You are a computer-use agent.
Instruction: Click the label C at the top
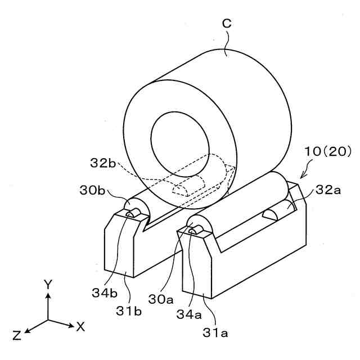(227, 23)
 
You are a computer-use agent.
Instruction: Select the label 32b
(103, 164)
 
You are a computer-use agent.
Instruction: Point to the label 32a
(328, 190)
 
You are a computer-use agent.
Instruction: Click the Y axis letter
(48, 284)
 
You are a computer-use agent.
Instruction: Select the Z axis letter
(17, 336)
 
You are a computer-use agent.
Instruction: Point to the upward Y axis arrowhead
(48, 296)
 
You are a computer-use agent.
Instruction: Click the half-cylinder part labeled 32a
(277, 214)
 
